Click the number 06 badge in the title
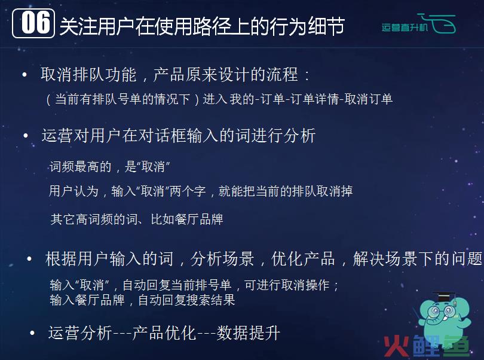tap(33, 23)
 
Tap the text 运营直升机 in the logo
tap(405, 28)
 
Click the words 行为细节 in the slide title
tap(307, 26)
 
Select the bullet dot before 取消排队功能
tap(24, 75)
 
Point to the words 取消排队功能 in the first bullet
tap(88, 75)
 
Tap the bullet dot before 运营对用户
tap(26, 135)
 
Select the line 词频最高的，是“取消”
tap(110, 167)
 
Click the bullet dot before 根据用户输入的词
tap(29, 259)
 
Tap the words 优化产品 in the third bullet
tap(303, 259)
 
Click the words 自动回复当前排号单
tap(177, 285)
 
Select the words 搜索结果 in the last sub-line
tap(211, 300)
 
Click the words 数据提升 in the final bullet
tap(249, 333)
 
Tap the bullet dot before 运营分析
tap(32, 333)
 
